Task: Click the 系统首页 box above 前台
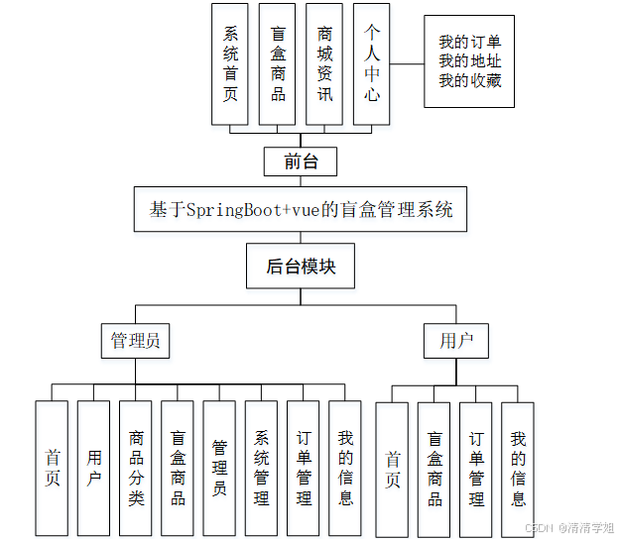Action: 230,64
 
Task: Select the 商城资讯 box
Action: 324,64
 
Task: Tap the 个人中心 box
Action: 372,64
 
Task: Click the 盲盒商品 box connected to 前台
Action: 278,64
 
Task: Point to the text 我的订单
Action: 470,42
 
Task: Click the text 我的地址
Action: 470,61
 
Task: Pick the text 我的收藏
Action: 470,80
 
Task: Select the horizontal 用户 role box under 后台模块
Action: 456,341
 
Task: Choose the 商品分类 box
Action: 136,468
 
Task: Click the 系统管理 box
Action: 261,468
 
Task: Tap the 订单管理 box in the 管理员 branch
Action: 304,468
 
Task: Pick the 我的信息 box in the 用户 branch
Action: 518,469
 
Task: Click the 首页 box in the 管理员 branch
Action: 53,468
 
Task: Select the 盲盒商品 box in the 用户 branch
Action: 434,469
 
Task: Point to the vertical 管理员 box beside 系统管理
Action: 219,468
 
